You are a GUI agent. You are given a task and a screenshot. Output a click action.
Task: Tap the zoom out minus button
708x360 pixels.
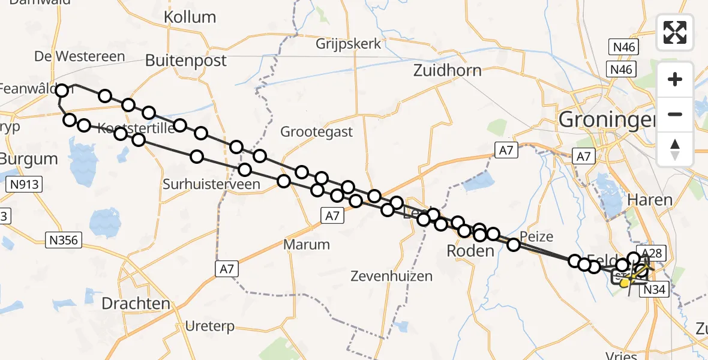[675, 114]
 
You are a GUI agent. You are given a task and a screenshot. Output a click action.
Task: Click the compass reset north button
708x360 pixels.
[675, 149]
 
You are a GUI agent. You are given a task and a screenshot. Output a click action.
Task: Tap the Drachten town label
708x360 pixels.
[136, 304]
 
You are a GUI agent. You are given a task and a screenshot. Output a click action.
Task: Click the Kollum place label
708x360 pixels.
[190, 17]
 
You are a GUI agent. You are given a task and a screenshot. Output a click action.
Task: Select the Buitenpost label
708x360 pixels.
[186, 61]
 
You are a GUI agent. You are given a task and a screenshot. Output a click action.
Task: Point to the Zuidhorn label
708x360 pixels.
[448, 71]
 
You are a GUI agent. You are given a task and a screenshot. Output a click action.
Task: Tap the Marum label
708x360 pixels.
[307, 245]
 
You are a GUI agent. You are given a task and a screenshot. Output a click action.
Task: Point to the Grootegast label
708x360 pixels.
[317, 132]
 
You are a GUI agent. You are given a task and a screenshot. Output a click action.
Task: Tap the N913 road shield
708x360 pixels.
[25, 185]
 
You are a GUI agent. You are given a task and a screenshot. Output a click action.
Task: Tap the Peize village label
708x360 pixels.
[536, 236]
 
